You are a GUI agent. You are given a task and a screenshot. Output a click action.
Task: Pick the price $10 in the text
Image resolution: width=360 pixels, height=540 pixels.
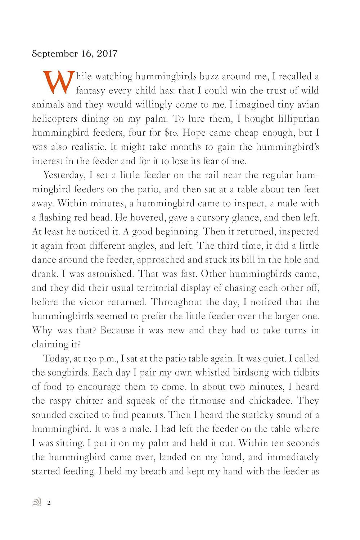[x=171, y=133]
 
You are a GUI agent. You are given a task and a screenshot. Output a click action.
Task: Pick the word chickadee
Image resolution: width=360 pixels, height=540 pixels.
[x=271, y=401]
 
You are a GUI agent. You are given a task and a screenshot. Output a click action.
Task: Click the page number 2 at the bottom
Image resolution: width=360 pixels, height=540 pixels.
[x=49, y=503]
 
